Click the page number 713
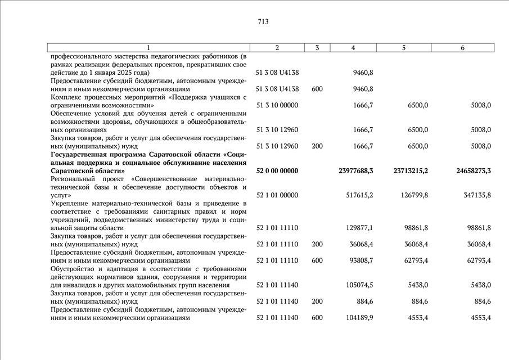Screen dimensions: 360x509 (x=263, y=22)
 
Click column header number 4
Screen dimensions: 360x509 (x=353, y=48)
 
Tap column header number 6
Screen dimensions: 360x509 (x=462, y=48)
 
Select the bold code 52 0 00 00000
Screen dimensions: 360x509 (x=277, y=170)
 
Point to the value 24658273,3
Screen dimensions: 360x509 (x=469, y=170)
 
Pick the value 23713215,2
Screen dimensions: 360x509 (x=410, y=170)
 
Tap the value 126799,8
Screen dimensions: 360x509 (x=413, y=195)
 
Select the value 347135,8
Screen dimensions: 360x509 (x=472, y=195)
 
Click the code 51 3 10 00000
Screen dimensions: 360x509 (x=277, y=105)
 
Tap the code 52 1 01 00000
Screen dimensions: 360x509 (x=277, y=195)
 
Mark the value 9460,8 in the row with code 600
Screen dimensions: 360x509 (x=363, y=89)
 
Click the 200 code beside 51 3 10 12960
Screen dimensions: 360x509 (x=317, y=146)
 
